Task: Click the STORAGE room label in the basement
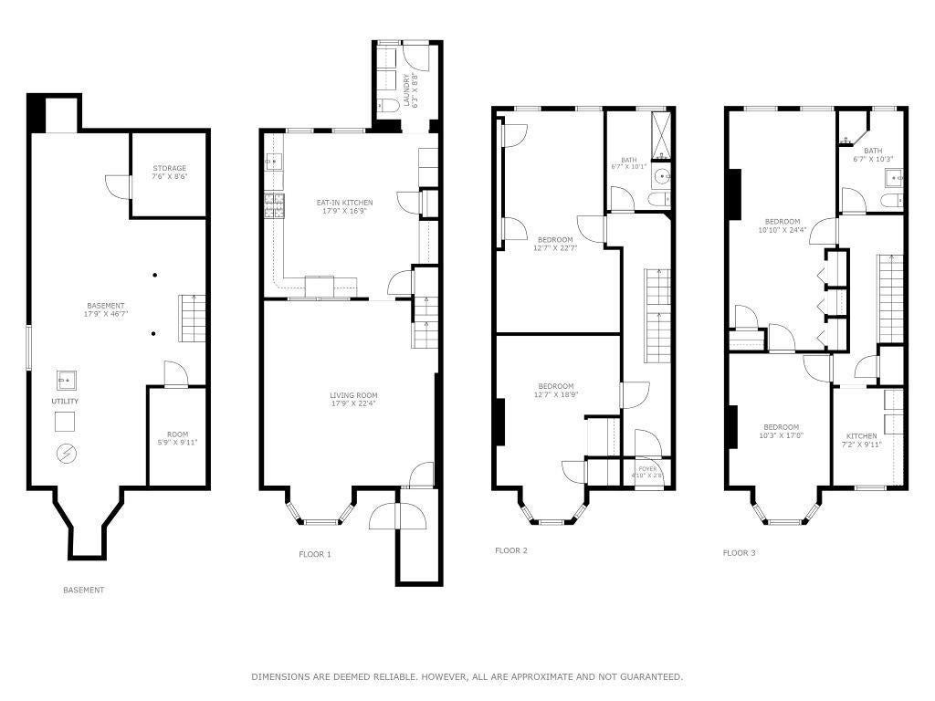(169, 173)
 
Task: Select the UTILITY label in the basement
(65, 402)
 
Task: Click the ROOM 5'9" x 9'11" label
(176, 438)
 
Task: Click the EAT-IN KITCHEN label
(344, 206)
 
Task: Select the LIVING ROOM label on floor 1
(352, 400)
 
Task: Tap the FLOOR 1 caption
(315, 554)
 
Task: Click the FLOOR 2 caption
(511, 550)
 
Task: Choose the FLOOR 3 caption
(739, 552)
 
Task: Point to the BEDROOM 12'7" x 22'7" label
(555, 243)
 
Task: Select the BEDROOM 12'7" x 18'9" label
(556, 390)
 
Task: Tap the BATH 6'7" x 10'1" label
(628, 162)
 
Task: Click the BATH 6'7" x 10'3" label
(873, 155)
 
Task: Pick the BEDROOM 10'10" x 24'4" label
(783, 225)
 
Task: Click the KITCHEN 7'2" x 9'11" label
(861, 441)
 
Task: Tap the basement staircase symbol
(190, 318)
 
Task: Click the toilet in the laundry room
(386, 107)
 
